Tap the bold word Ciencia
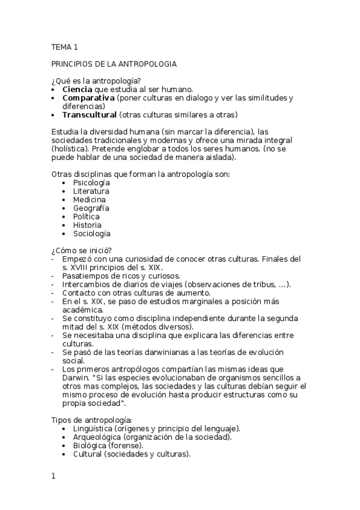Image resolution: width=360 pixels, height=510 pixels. (x=76, y=89)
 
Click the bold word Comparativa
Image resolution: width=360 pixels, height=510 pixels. (x=88, y=97)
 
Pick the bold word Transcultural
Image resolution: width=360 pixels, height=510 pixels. (x=90, y=115)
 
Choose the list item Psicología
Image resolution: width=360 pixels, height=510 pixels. (x=91, y=182)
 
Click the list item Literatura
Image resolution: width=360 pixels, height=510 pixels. (x=91, y=191)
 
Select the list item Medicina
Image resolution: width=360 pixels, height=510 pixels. (x=90, y=200)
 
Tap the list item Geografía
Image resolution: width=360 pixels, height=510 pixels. (x=91, y=208)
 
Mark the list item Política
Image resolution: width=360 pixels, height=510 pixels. (x=87, y=217)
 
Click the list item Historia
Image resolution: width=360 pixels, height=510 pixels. (x=87, y=225)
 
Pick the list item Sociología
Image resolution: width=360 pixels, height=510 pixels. (x=92, y=234)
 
